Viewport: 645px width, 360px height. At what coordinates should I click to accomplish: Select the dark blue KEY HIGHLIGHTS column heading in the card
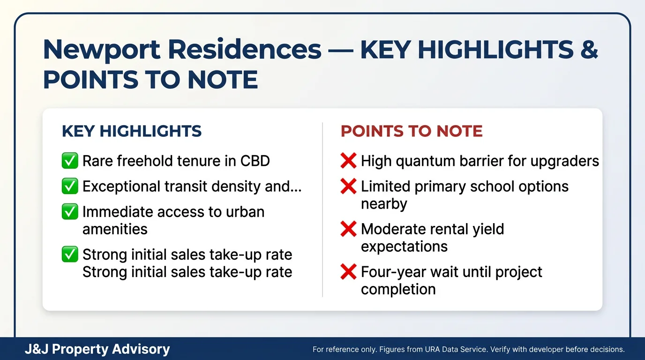point(131,131)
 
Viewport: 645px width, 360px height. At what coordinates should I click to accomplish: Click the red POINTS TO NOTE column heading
point(412,131)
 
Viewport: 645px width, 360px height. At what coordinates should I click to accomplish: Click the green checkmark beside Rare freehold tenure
point(70,161)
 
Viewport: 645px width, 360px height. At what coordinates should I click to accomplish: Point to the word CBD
point(255,161)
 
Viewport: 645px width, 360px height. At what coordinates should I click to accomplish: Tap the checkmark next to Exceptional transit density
point(70,187)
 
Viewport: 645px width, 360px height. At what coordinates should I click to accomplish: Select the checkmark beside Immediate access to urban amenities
point(70,212)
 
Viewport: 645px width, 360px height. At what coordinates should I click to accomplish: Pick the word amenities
point(115,229)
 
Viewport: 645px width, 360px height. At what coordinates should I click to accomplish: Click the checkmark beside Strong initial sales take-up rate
point(70,255)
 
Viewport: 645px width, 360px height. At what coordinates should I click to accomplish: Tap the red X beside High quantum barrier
point(348,161)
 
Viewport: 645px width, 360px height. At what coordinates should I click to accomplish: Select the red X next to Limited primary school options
point(348,187)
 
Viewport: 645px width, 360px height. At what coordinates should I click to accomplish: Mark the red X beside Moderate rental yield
point(348,229)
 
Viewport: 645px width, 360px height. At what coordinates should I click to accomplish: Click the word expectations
point(404,247)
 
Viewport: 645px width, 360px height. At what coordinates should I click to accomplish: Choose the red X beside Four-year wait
point(348,272)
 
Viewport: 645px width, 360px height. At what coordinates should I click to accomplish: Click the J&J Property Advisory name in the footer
point(97,349)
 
